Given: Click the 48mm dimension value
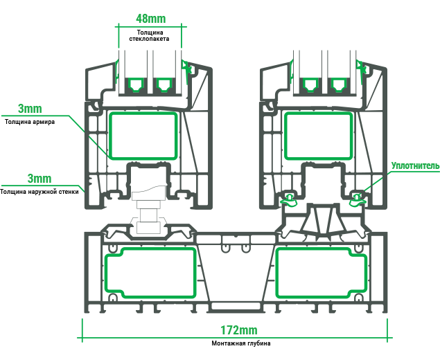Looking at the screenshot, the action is coord(150,19).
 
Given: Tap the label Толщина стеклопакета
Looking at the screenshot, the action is coord(149,35).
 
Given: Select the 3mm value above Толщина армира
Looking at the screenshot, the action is coord(30,109).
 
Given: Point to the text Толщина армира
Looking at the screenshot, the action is coord(30,122).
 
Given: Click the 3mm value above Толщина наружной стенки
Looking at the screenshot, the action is coord(39,179).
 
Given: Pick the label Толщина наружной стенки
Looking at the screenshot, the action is coord(39,192).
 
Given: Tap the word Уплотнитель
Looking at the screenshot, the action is coord(416,165).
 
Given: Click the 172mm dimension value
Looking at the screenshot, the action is coord(239,330).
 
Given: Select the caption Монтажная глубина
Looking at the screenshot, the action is coord(241,343).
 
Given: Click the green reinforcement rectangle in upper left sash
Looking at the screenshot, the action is coord(109,136).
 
